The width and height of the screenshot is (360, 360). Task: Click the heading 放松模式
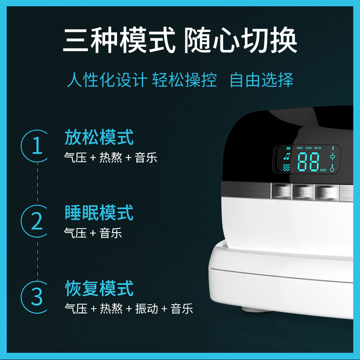point(99,137)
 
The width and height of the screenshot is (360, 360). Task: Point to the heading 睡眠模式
point(99,212)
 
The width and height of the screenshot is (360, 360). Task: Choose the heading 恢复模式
point(99,288)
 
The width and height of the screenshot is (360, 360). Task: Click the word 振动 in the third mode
point(147,309)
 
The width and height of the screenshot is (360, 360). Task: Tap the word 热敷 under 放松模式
point(111,158)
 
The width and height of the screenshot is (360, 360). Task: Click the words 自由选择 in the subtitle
point(261,80)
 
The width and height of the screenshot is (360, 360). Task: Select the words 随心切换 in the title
point(240,40)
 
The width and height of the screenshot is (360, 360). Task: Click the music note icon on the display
point(287,156)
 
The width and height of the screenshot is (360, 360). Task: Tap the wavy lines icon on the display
point(286,167)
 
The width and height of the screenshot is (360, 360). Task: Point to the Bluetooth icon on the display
point(333,148)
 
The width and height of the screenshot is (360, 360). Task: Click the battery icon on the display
point(288,148)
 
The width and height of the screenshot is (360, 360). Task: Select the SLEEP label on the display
point(309,148)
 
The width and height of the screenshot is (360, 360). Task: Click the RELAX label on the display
point(318,148)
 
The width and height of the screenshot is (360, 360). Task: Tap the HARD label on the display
point(300,148)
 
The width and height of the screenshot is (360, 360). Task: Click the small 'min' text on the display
point(323,170)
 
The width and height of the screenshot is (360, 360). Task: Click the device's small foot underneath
point(256,310)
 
